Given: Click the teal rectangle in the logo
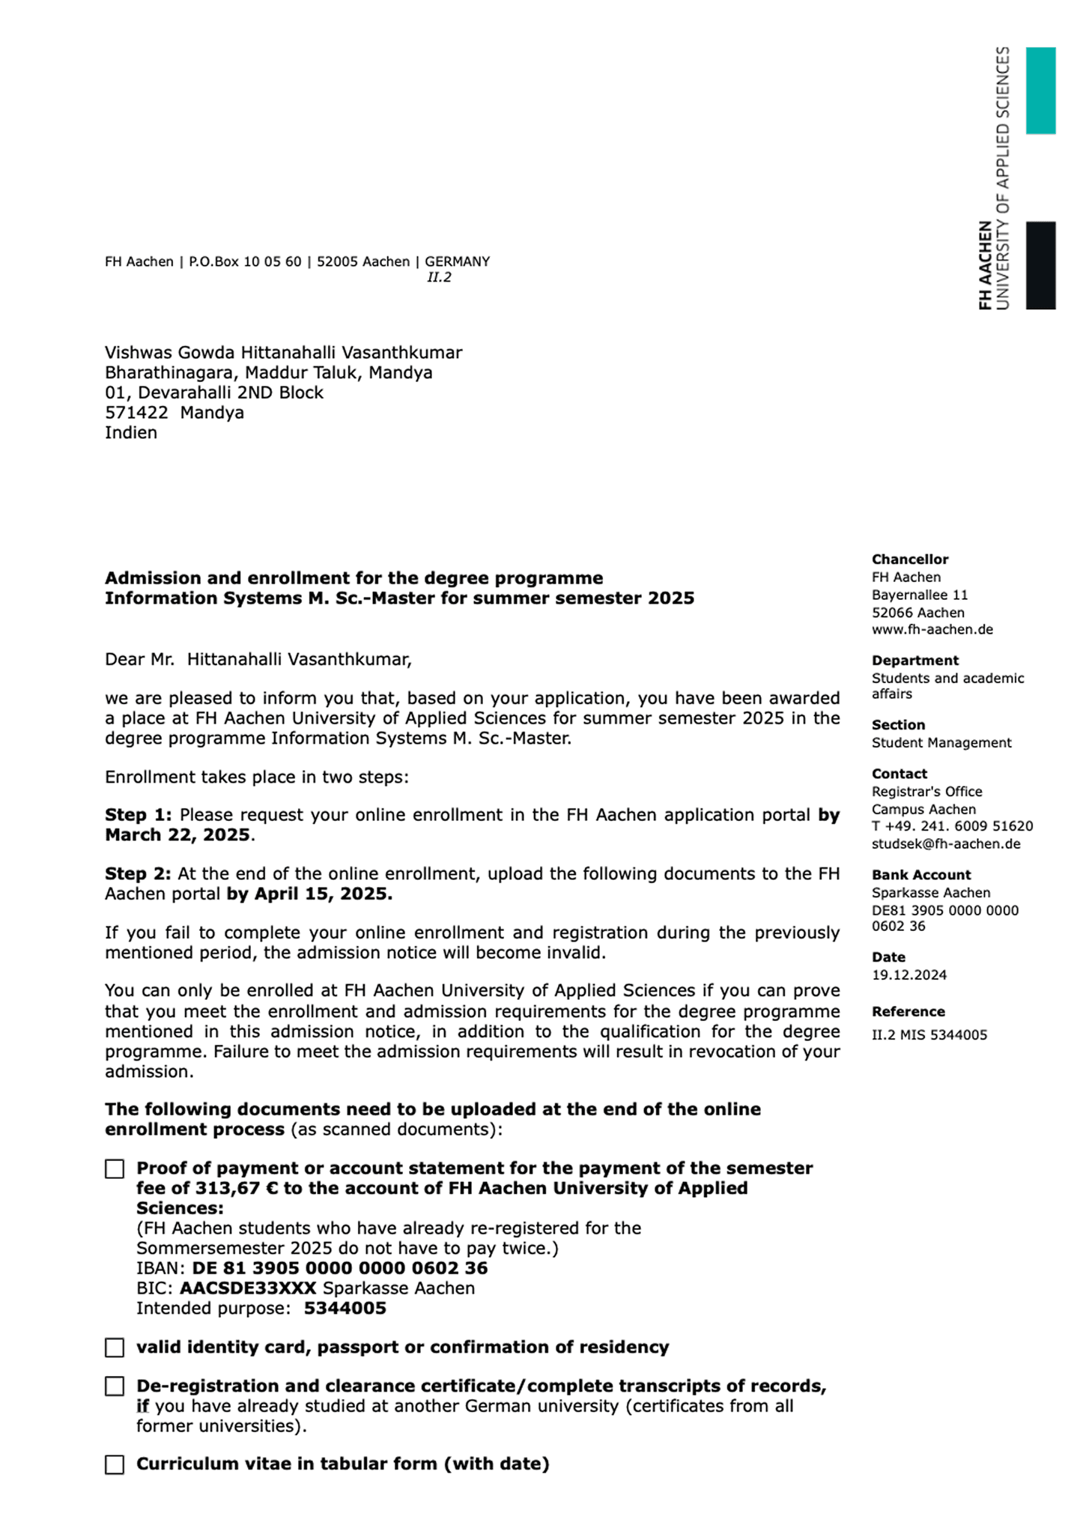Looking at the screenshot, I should point(1040,91).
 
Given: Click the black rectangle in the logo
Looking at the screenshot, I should point(1040,264).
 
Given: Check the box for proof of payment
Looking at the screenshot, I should point(115,1168).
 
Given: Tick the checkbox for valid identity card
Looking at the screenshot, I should point(115,1347).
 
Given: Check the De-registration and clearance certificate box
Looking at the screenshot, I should point(115,1386).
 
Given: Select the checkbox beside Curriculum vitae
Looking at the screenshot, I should point(115,1464).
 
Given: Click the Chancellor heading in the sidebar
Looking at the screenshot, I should point(909,560).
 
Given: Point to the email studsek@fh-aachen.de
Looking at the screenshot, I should point(945,844).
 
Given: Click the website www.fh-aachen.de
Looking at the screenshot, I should point(932,629).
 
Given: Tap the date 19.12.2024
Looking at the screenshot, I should point(908,974).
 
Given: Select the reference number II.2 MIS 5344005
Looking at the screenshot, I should point(929,1035).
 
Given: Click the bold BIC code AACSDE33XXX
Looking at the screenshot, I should point(248,1288).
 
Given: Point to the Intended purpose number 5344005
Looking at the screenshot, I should point(345,1309).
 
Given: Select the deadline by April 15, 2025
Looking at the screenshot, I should point(309,894).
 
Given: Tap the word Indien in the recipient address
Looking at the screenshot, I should point(131,433).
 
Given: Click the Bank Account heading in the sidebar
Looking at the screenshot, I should point(920,875).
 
